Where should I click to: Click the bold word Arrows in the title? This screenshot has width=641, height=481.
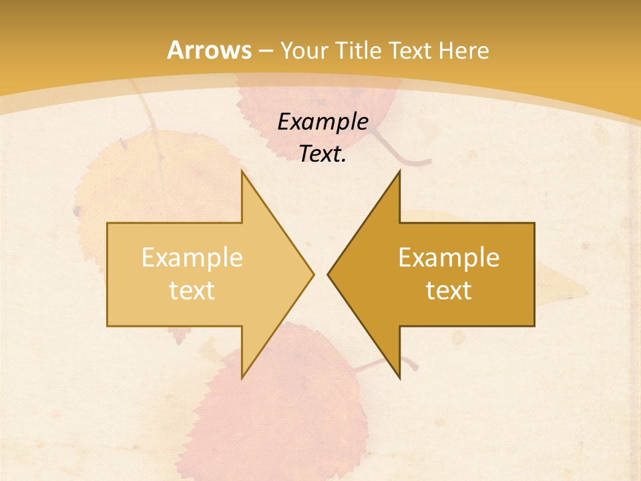coord(210,50)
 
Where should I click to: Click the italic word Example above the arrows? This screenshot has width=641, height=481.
coord(323,122)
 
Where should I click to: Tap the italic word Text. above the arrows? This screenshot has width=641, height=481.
coord(323,154)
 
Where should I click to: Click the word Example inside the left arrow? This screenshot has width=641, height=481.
coord(192,257)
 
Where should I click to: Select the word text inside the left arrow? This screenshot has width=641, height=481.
coord(192,290)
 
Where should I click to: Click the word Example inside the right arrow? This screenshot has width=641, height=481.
coord(449,257)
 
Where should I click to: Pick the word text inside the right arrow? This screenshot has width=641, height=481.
coord(449,290)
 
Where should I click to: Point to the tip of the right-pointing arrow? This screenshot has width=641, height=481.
coord(313,274)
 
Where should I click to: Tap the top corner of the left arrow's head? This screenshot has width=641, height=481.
coord(242,172)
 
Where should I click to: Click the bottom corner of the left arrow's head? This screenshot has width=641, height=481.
coord(242,377)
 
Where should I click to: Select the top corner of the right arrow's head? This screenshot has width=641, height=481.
coord(399,172)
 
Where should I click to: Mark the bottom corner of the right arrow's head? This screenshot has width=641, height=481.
coord(399,377)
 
